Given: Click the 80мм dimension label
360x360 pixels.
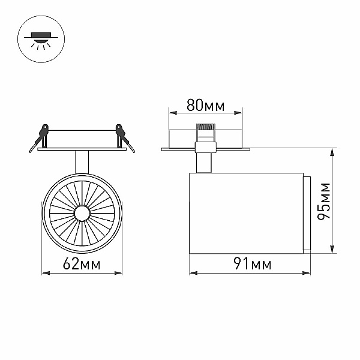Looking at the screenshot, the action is click(205, 105).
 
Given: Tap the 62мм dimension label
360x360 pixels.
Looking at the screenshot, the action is click(82, 263).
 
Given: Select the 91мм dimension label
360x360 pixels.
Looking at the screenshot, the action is click(253, 263).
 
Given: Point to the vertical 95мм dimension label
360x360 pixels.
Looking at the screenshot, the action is click(323, 201).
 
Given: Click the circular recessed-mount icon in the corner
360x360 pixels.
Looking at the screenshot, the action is click(41, 39).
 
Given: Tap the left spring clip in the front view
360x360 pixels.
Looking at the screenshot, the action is click(40, 137).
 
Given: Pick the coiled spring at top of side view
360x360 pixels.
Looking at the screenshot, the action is click(205, 127).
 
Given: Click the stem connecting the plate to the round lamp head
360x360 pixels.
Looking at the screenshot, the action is click(82, 162).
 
